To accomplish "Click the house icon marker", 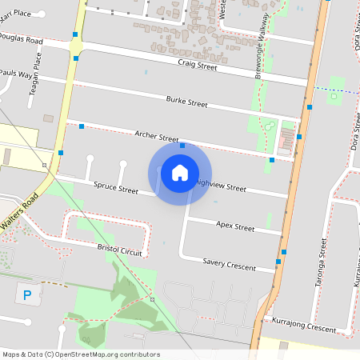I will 180,173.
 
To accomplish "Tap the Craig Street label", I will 198,65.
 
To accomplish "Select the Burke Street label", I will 186,102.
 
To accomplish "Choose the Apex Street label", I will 235,227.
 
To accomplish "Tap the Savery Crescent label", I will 229,262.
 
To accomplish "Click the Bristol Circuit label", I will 119,250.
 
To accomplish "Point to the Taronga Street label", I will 322,256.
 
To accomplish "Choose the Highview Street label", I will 222,187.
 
